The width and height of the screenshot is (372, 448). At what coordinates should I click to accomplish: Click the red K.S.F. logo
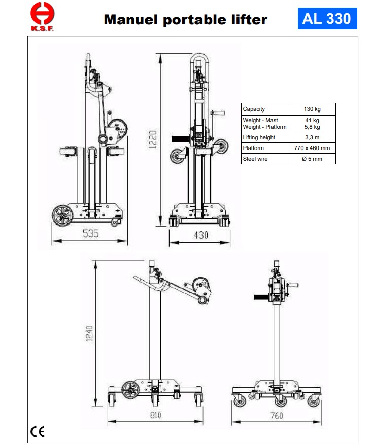coord(42,17)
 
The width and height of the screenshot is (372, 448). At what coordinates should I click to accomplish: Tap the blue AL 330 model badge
coord(327,19)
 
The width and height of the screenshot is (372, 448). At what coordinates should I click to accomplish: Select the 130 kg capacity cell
coord(312,109)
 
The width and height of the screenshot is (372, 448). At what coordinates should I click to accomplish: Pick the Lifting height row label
coord(259,137)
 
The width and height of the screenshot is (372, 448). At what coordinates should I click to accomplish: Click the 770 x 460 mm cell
coord(312,148)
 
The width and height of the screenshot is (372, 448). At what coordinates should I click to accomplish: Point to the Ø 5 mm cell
coord(312,159)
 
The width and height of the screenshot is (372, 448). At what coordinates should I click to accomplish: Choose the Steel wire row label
coord(255,159)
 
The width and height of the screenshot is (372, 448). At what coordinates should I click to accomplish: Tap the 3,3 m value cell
coord(312,137)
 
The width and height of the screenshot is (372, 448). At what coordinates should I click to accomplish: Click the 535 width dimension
coord(91,234)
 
